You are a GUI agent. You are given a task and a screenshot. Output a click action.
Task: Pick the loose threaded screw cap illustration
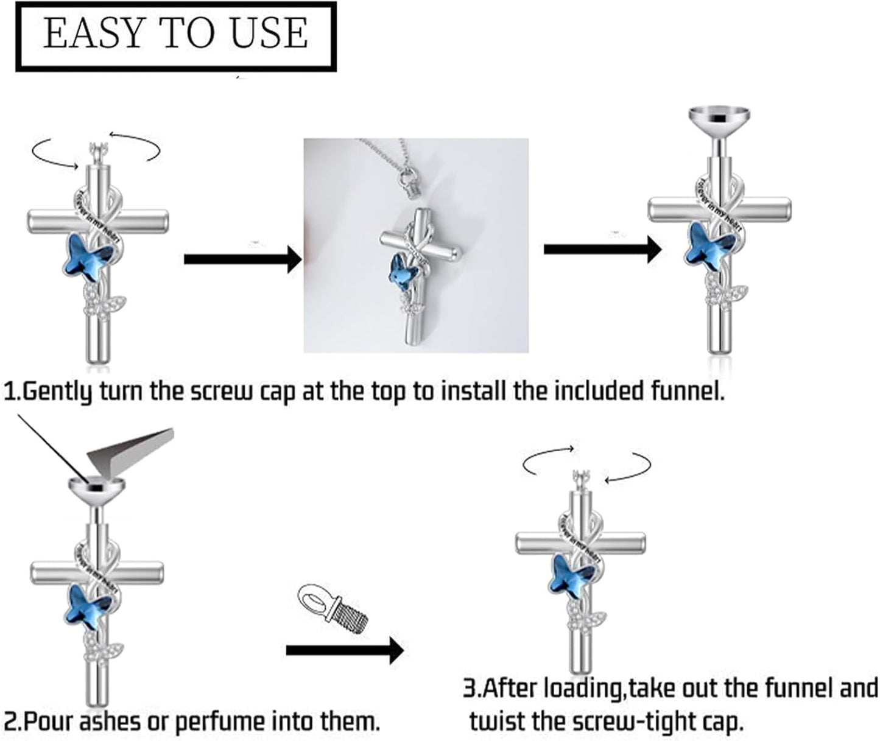(x=334, y=609)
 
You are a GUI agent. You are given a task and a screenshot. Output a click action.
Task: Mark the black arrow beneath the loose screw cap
(x=345, y=650)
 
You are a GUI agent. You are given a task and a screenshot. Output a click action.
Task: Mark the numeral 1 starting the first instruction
(x=9, y=391)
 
